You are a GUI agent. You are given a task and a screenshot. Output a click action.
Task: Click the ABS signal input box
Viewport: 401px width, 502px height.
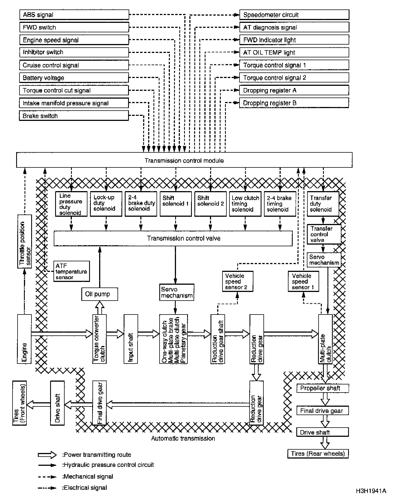[74, 15]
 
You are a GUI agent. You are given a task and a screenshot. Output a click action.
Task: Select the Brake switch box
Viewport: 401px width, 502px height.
[74, 116]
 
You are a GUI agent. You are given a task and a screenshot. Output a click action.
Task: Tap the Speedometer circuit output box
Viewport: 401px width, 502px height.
[294, 15]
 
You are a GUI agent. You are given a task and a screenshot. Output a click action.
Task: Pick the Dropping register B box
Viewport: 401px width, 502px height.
[294, 103]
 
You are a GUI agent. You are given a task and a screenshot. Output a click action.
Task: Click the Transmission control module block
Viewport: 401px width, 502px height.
[184, 160]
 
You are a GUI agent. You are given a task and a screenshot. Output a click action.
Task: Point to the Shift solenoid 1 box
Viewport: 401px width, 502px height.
[176, 204]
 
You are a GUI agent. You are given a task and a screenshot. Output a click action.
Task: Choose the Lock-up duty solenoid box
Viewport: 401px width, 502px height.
[106, 204]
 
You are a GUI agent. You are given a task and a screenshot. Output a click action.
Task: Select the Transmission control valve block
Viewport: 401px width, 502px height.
[173, 238]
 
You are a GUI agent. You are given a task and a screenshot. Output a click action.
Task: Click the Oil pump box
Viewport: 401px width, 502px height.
[99, 294]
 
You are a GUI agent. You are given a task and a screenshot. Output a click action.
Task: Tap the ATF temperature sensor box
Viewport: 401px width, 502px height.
[72, 271]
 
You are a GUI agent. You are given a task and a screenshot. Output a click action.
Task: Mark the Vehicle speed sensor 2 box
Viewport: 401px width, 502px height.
[238, 281]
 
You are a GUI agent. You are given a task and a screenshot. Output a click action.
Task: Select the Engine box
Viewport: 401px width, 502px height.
[24, 339]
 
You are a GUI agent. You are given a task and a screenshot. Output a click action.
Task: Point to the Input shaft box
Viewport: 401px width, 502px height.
[131, 339]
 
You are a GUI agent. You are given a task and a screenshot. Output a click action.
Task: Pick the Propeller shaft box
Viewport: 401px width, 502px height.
[322, 388]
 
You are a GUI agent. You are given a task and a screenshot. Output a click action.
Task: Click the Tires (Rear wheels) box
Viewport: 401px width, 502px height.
[318, 454]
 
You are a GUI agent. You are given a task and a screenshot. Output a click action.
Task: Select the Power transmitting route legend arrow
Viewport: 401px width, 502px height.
[47, 455]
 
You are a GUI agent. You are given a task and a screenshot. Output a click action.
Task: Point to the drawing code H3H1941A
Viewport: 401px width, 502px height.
[371, 491]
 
